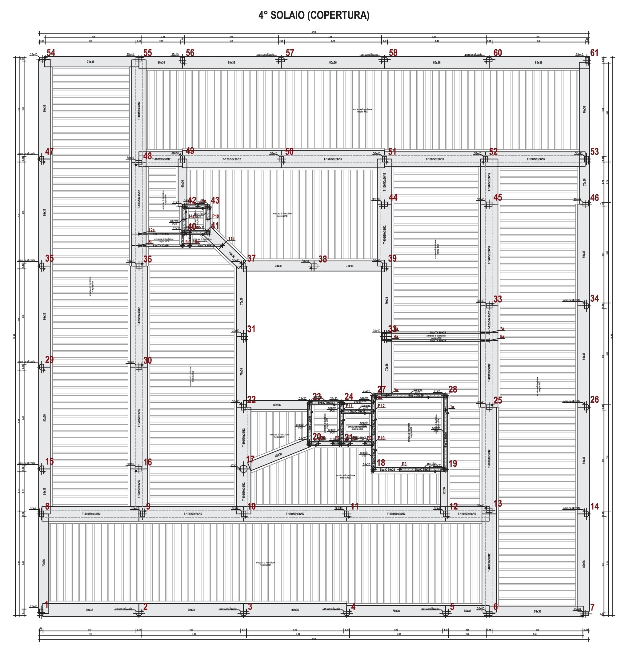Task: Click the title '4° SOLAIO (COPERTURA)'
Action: (314, 15)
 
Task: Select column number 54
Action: (51, 53)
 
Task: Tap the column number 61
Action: (594, 53)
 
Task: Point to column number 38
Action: (323, 259)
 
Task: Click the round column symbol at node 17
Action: (244, 469)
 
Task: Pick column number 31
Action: (251, 329)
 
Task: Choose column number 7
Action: (592, 607)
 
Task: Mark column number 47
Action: (50, 151)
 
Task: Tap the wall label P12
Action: (381, 406)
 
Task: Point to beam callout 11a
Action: (231, 239)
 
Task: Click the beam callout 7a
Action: (502, 329)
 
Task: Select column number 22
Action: (251, 400)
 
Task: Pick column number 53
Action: (595, 152)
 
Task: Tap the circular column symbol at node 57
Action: (281, 60)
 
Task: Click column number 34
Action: (595, 298)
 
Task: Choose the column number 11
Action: (355, 506)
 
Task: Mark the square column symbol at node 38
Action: (313, 266)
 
